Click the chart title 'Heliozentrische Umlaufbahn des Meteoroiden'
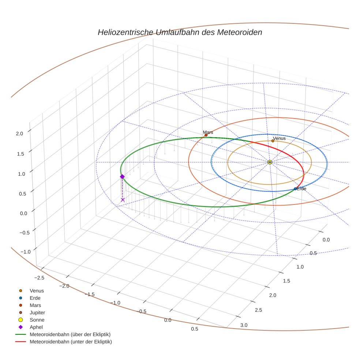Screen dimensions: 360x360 click(180, 32)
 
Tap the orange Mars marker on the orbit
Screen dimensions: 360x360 click(206, 135)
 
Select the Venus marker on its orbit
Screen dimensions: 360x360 click(273, 141)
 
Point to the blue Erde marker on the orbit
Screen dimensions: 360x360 click(295, 189)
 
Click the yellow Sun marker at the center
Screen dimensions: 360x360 click(270, 162)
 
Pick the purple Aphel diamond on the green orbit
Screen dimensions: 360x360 click(122, 176)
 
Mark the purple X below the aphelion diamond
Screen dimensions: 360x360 click(123, 200)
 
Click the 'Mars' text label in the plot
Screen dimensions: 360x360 click(208, 132)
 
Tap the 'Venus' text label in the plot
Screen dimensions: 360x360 click(279, 138)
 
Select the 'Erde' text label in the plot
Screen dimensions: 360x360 click(301, 189)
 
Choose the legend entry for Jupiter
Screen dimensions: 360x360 click(37, 312)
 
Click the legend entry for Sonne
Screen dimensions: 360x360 click(37, 320)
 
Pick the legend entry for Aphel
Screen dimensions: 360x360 click(36, 327)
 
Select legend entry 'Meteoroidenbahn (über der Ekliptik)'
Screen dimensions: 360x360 click(70, 334)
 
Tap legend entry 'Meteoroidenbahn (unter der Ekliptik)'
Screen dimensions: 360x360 click(71, 342)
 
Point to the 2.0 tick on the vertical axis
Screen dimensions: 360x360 click(19, 134)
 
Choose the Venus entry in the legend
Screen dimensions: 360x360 click(37, 290)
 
